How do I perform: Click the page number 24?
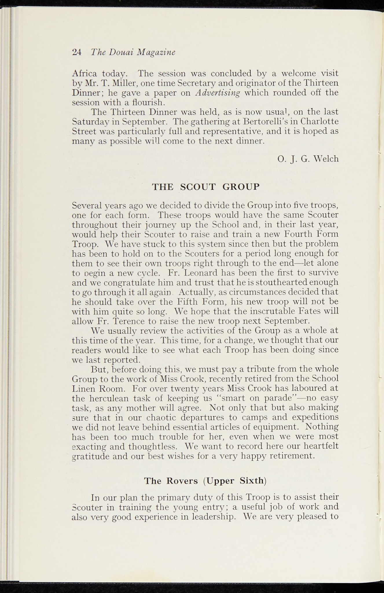tap(77, 52)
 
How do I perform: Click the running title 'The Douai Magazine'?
tap(133, 52)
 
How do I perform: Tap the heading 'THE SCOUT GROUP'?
tap(206, 187)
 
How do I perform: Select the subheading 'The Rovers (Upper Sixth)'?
tap(205, 481)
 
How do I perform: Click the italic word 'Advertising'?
tap(218, 93)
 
